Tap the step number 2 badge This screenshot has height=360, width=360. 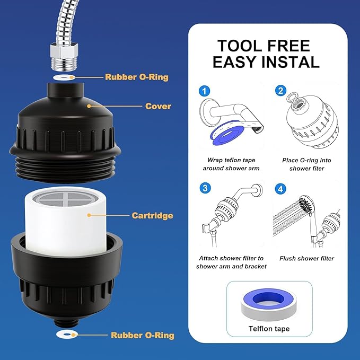point(280,91)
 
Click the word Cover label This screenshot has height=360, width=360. point(158,106)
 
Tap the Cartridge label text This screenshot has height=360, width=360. point(152,216)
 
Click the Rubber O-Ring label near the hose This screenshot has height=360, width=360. point(136,77)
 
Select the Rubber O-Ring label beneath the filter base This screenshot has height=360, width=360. point(142,335)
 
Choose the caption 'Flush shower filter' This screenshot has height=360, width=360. point(306,258)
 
